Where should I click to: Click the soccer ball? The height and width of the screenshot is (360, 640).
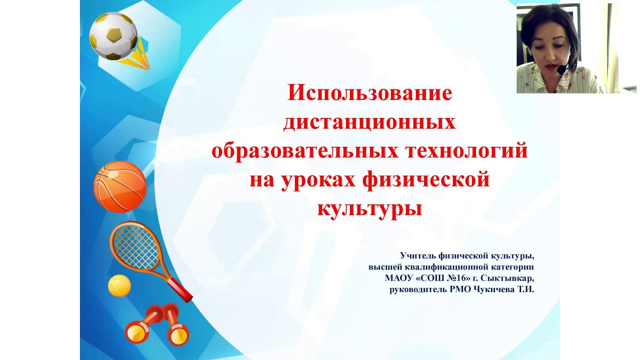113,36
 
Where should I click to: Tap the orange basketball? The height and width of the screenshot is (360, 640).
120,186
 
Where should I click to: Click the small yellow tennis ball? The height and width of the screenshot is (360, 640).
119,285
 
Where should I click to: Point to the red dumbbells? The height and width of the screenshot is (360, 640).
156,326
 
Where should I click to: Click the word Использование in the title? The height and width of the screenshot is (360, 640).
369,93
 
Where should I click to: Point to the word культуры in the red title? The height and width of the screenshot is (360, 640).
369,208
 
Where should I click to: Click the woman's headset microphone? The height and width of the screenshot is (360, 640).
561,69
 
